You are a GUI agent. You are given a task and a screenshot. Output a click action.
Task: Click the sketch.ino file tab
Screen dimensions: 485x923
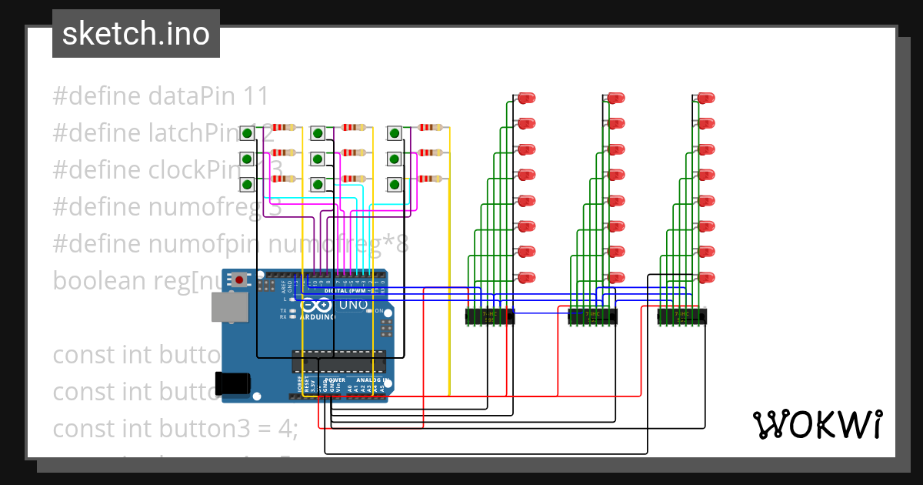(136, 34)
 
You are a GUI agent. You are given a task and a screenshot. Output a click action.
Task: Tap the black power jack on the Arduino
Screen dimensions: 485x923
(234, 383)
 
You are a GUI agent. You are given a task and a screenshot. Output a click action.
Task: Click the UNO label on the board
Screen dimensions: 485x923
(353, 305)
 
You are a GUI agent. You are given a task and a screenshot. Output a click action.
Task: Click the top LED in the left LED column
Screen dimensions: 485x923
(526, 98)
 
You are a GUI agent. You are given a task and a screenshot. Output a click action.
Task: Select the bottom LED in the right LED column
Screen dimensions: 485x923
(705, 277)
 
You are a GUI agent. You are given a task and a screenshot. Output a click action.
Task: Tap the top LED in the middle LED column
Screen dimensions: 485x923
(616, 98)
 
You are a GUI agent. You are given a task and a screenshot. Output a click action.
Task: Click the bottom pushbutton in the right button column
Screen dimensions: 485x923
(395, 185)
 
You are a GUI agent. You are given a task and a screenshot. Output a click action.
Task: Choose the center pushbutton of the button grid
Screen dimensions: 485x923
(318, 159)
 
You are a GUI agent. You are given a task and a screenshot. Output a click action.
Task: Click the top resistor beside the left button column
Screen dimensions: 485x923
(285, 128)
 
